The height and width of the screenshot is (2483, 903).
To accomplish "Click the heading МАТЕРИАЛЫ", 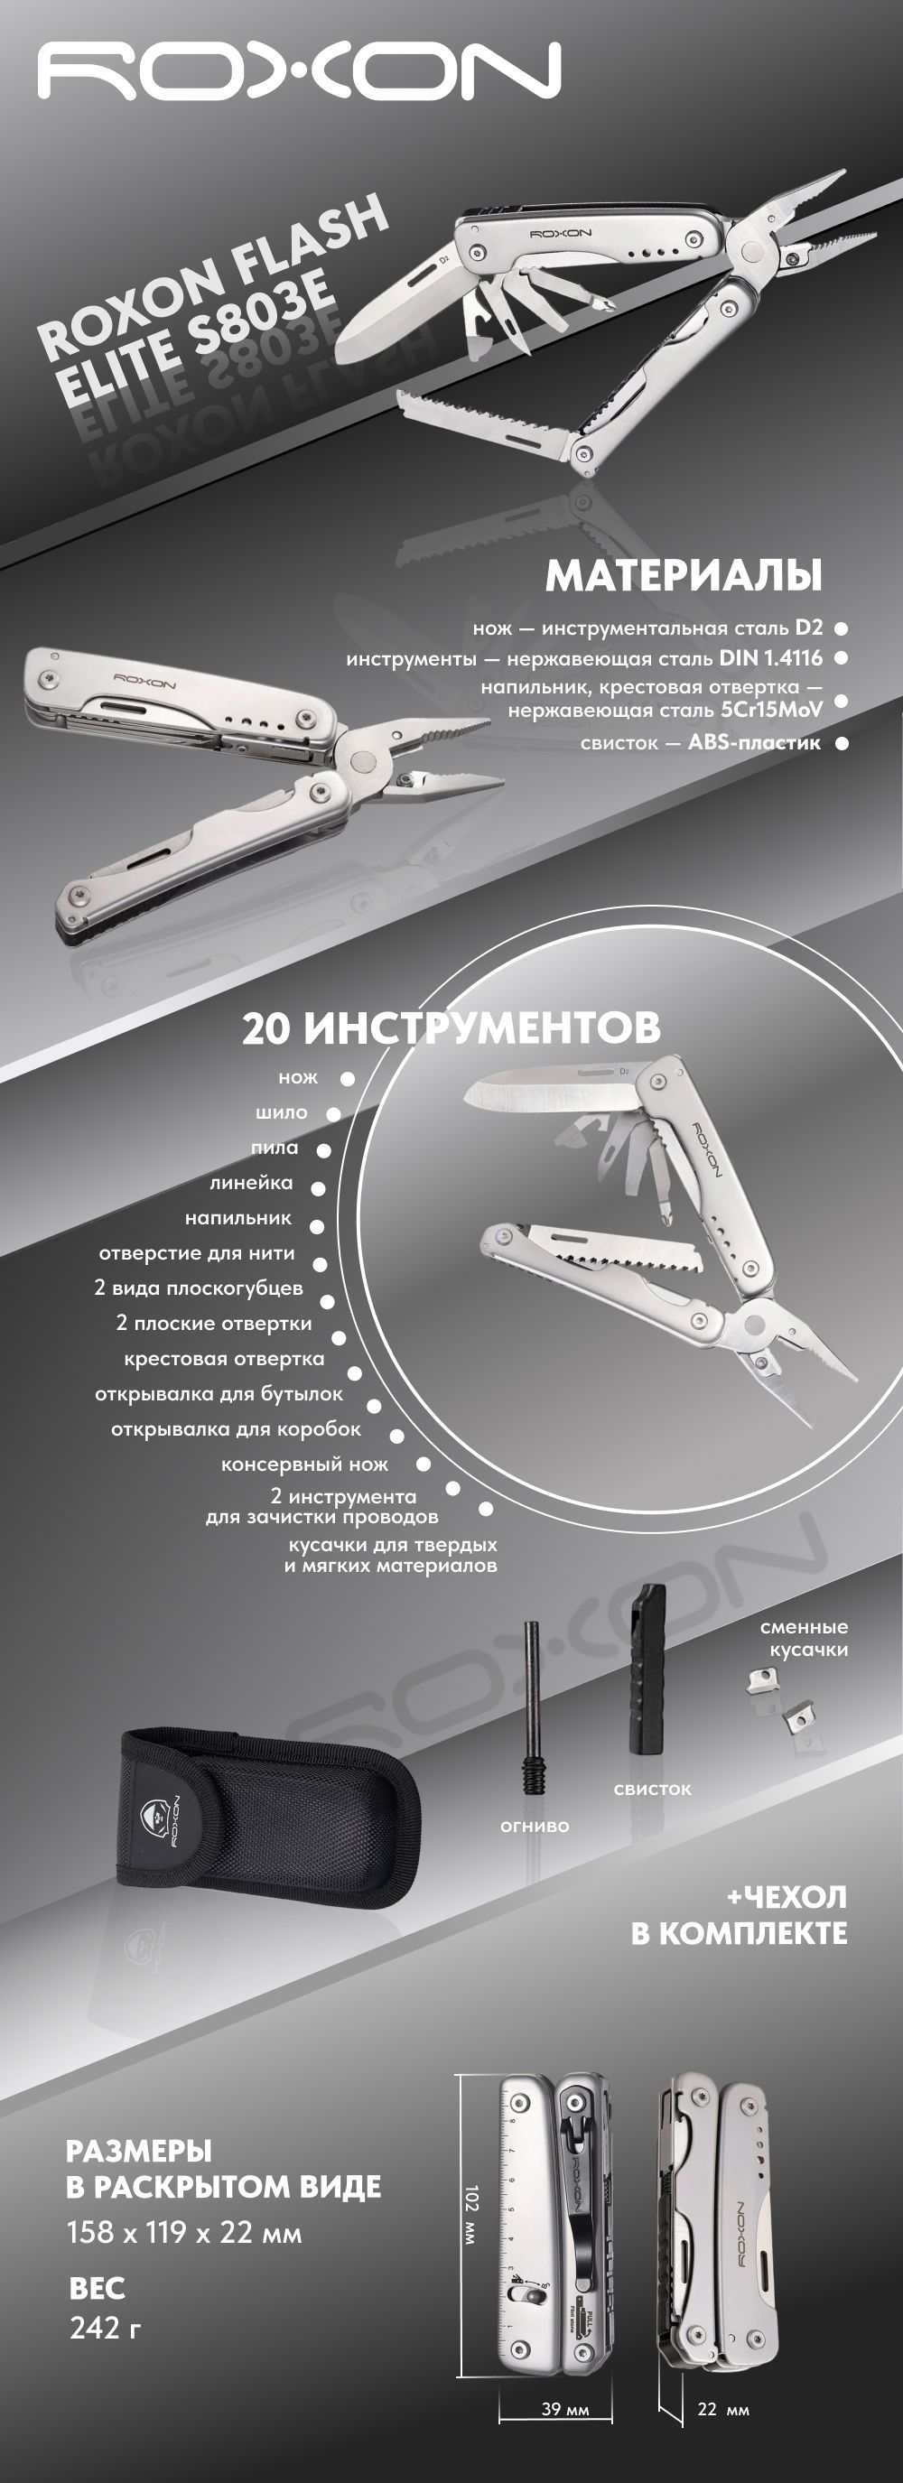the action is tap(684, 575).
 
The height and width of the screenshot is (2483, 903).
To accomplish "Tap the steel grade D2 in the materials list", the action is tap(808, 628).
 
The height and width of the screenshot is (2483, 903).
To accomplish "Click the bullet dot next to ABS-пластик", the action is tap(842, 743).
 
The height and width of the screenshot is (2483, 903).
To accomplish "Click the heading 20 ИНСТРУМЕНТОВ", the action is tap(451, 1028).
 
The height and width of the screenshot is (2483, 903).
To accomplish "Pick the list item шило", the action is tap(282, 1112).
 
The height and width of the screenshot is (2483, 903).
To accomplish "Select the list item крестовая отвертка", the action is tap(224, 1358).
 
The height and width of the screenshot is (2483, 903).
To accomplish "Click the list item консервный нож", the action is tap(304, 1465).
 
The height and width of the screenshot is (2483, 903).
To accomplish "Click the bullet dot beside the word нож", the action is tap(347, 1079).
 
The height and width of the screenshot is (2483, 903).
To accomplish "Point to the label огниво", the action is tap(535, 1826).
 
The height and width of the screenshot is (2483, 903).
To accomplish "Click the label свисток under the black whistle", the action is tap(653, 1789).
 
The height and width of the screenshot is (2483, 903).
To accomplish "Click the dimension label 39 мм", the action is tap(564, 2409).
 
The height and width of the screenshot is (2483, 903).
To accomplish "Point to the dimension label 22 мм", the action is tap(722, 2409).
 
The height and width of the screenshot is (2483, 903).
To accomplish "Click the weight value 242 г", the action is tap(106, 2328).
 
